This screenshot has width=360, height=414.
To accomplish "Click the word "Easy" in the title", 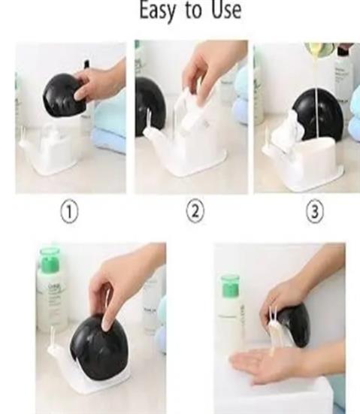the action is click(157, 11).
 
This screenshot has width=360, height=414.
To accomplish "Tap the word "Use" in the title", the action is click(226, 10).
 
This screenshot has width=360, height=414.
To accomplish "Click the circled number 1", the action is click(69, 212).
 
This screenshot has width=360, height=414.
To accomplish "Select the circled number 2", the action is click(195, 211).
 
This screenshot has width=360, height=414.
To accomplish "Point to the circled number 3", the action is click(315, 212).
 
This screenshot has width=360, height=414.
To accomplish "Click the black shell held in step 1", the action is click(65, 95).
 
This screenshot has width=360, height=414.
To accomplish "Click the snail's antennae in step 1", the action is click(23, 134).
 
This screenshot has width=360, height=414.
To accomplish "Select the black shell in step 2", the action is click(150, 107).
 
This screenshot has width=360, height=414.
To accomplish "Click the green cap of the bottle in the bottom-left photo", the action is click(49, 259).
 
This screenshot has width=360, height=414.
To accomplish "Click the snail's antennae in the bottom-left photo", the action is click(53, 337).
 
